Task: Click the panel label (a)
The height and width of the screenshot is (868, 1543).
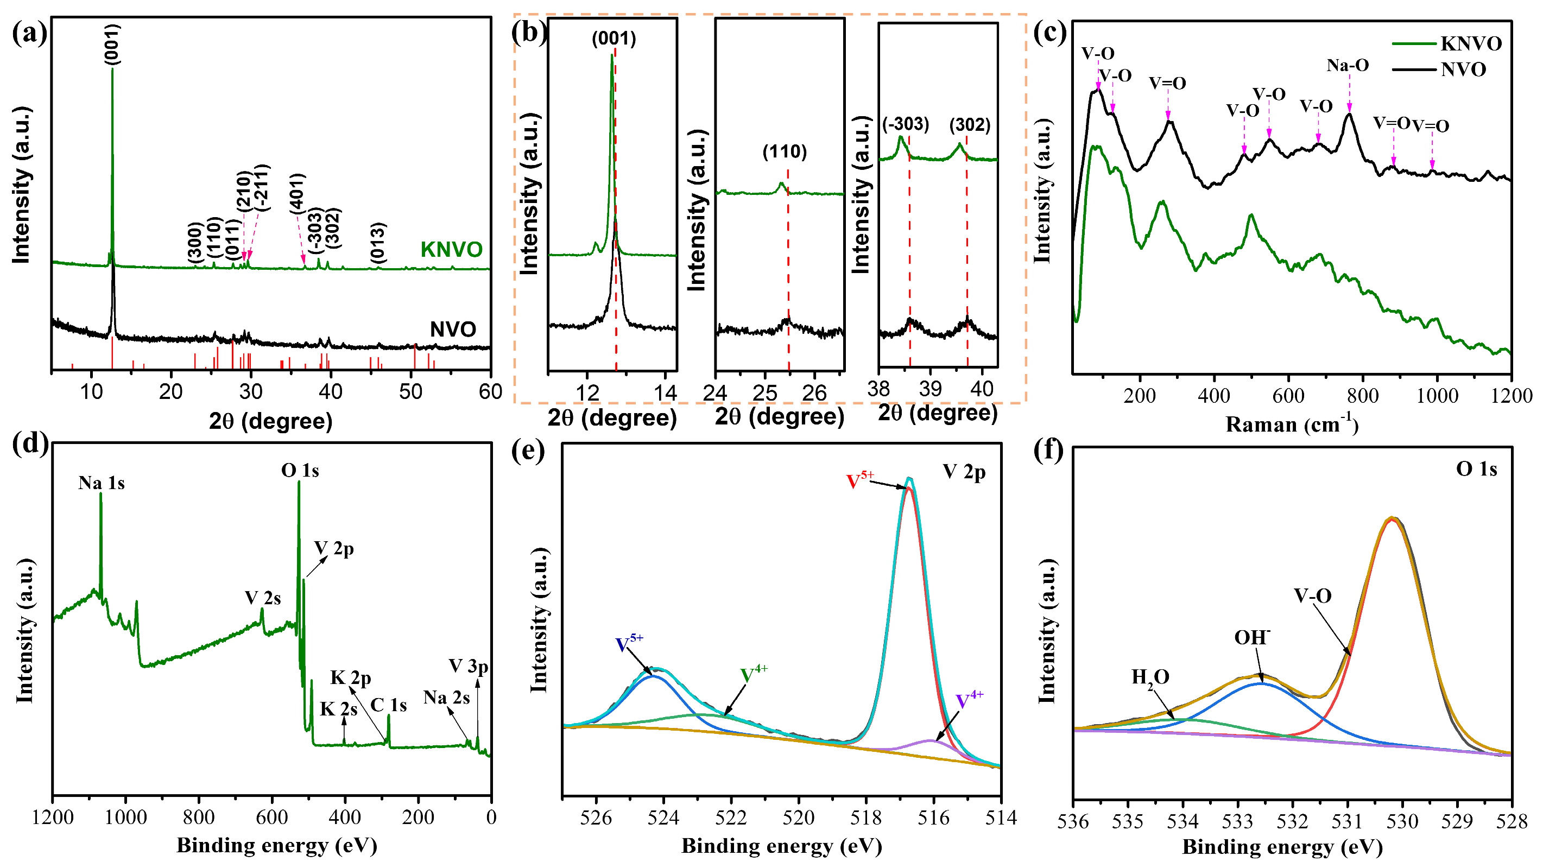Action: (29, 33)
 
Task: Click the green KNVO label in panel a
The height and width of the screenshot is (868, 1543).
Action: (451, 249)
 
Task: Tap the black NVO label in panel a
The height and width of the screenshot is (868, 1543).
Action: (453, 329)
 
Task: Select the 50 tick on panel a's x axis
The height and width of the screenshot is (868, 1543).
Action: (411, 392)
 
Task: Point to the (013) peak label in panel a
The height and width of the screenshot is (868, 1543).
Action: (377, 243)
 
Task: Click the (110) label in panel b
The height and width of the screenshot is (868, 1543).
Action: (784, 151)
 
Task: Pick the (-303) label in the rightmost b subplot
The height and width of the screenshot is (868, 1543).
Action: (905, 125)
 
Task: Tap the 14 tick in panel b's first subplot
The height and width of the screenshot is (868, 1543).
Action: (665, 393)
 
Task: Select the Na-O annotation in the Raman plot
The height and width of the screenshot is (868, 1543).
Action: (1347, 65)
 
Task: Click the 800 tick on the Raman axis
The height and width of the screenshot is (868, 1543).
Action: (1362, 395)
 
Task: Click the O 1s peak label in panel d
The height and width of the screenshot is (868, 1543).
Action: (300, 471)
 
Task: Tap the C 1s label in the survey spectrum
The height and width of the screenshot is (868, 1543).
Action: (388, 705)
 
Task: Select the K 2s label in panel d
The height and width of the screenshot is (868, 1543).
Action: (338, 709)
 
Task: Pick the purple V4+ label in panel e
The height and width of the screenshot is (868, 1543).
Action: (969, 700)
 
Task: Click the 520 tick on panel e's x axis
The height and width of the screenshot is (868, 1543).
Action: (799, 818)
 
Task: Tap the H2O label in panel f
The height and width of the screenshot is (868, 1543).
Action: (1149, 677)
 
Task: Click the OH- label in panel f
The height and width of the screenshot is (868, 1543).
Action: (1252, 637)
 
